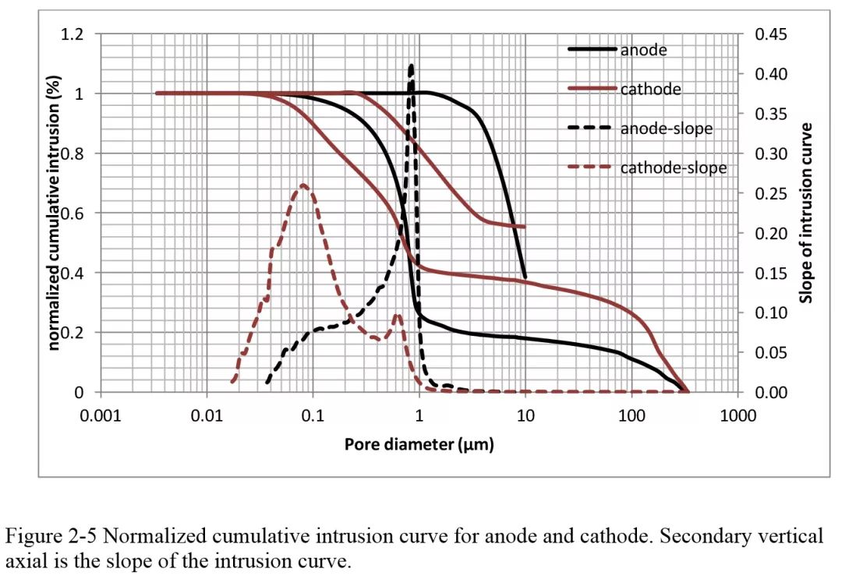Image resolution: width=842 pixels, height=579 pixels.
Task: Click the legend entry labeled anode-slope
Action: pyautogui.click(x=666, y=128)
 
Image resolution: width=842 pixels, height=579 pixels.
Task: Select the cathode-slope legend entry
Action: pyautogui.click(x=673, y=168)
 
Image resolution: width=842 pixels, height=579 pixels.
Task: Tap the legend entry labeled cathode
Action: pyautogui.click(x=650, y=89)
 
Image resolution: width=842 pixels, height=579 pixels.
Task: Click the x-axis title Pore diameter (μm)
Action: pyautogui.click(x=419, y=444)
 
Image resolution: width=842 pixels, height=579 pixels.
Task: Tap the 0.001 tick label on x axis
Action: pyautogui.click(x=101, y=415)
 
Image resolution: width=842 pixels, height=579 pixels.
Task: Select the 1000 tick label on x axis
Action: pyautogui.click(x=738, y=415)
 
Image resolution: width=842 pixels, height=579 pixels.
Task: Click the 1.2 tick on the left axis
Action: pyautogui.click(x=73, y=34)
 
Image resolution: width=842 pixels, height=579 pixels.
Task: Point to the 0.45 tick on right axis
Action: pyautogui.click(x=770, y=34)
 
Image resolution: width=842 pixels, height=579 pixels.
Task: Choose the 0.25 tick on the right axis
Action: pyautogui.click(x=770, y=193)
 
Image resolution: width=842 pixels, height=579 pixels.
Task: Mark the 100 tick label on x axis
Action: pyautogui.click(x=631, y=415)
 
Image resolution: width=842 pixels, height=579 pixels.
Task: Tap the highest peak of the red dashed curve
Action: pyautogui.click(x=303, y=185)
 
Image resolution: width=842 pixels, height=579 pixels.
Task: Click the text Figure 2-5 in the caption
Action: pyautogui.click(x=44, y=536)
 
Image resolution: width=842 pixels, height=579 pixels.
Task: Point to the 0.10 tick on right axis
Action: pyautogui.click(x=770, y=312)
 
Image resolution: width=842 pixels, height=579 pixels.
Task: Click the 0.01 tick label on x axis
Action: pyautogui.click(x=207, y=415)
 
